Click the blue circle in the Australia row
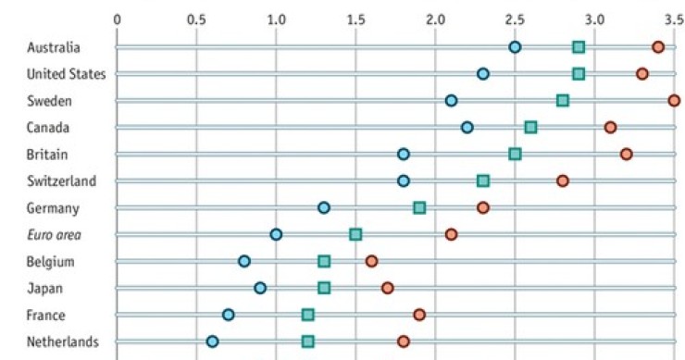(x=515, y=47)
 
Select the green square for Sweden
(x=563, y=101)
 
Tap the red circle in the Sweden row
(x=674, y=101)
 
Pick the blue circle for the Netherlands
(x=213, y=341)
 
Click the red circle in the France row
(x=419, y=315)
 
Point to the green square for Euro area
(x=355, y=234)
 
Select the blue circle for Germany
(x=324, y=207)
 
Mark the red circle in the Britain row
(x=627, y=154)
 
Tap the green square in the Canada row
(x=530, y=127)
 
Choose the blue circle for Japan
(x=260, y=288)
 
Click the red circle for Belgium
(x=371, y=261)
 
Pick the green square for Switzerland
(x=483, y=180)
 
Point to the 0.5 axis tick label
(x=196, y=18)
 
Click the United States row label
(x=66, y=74)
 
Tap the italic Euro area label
(x=53, y=234)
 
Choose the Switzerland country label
(x=61, y=180)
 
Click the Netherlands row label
(x=63, y=341)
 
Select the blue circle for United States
(x=483, y=74)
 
